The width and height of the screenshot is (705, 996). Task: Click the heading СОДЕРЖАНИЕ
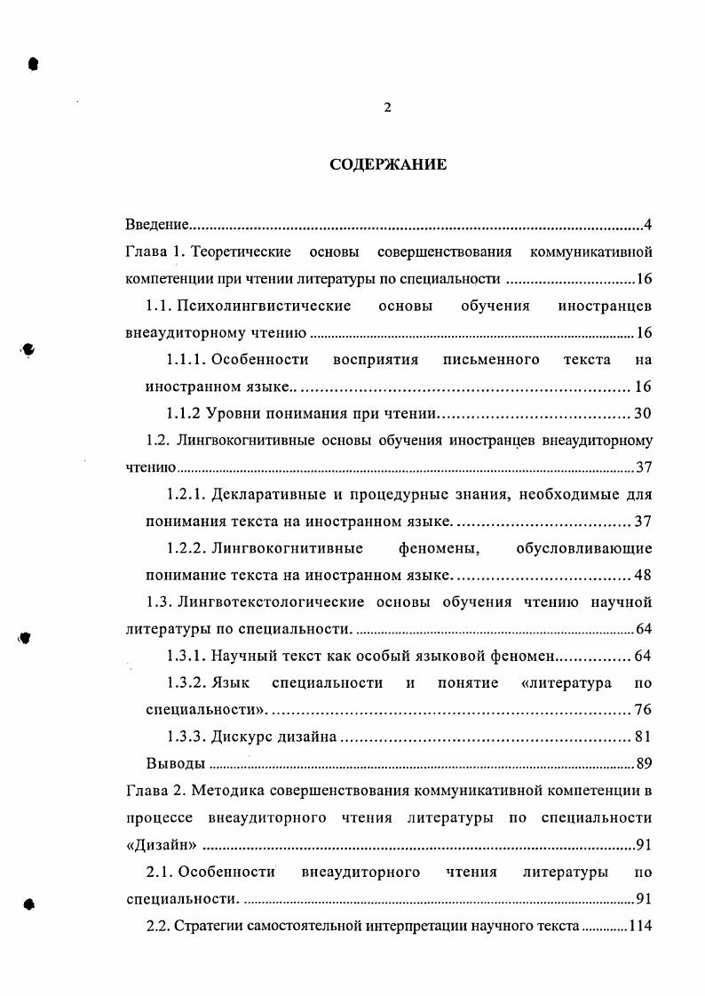click(x=388, y=164)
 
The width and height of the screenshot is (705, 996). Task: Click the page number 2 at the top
click(x=387, y=108)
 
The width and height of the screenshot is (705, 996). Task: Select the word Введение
click(x=155, y=223)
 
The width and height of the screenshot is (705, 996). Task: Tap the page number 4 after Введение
click(x=648, y=223)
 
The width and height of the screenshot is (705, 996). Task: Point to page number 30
click(x=643, y=414)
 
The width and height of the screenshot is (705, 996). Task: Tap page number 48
click(x=643, y=575)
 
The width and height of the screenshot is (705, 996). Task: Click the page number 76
click(x=643, y=710)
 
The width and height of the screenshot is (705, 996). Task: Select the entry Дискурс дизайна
click(x=275, y=737)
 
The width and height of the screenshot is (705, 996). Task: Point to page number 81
click(x=643, y=737)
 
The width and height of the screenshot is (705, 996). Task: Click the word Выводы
click(x=175, y=763)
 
